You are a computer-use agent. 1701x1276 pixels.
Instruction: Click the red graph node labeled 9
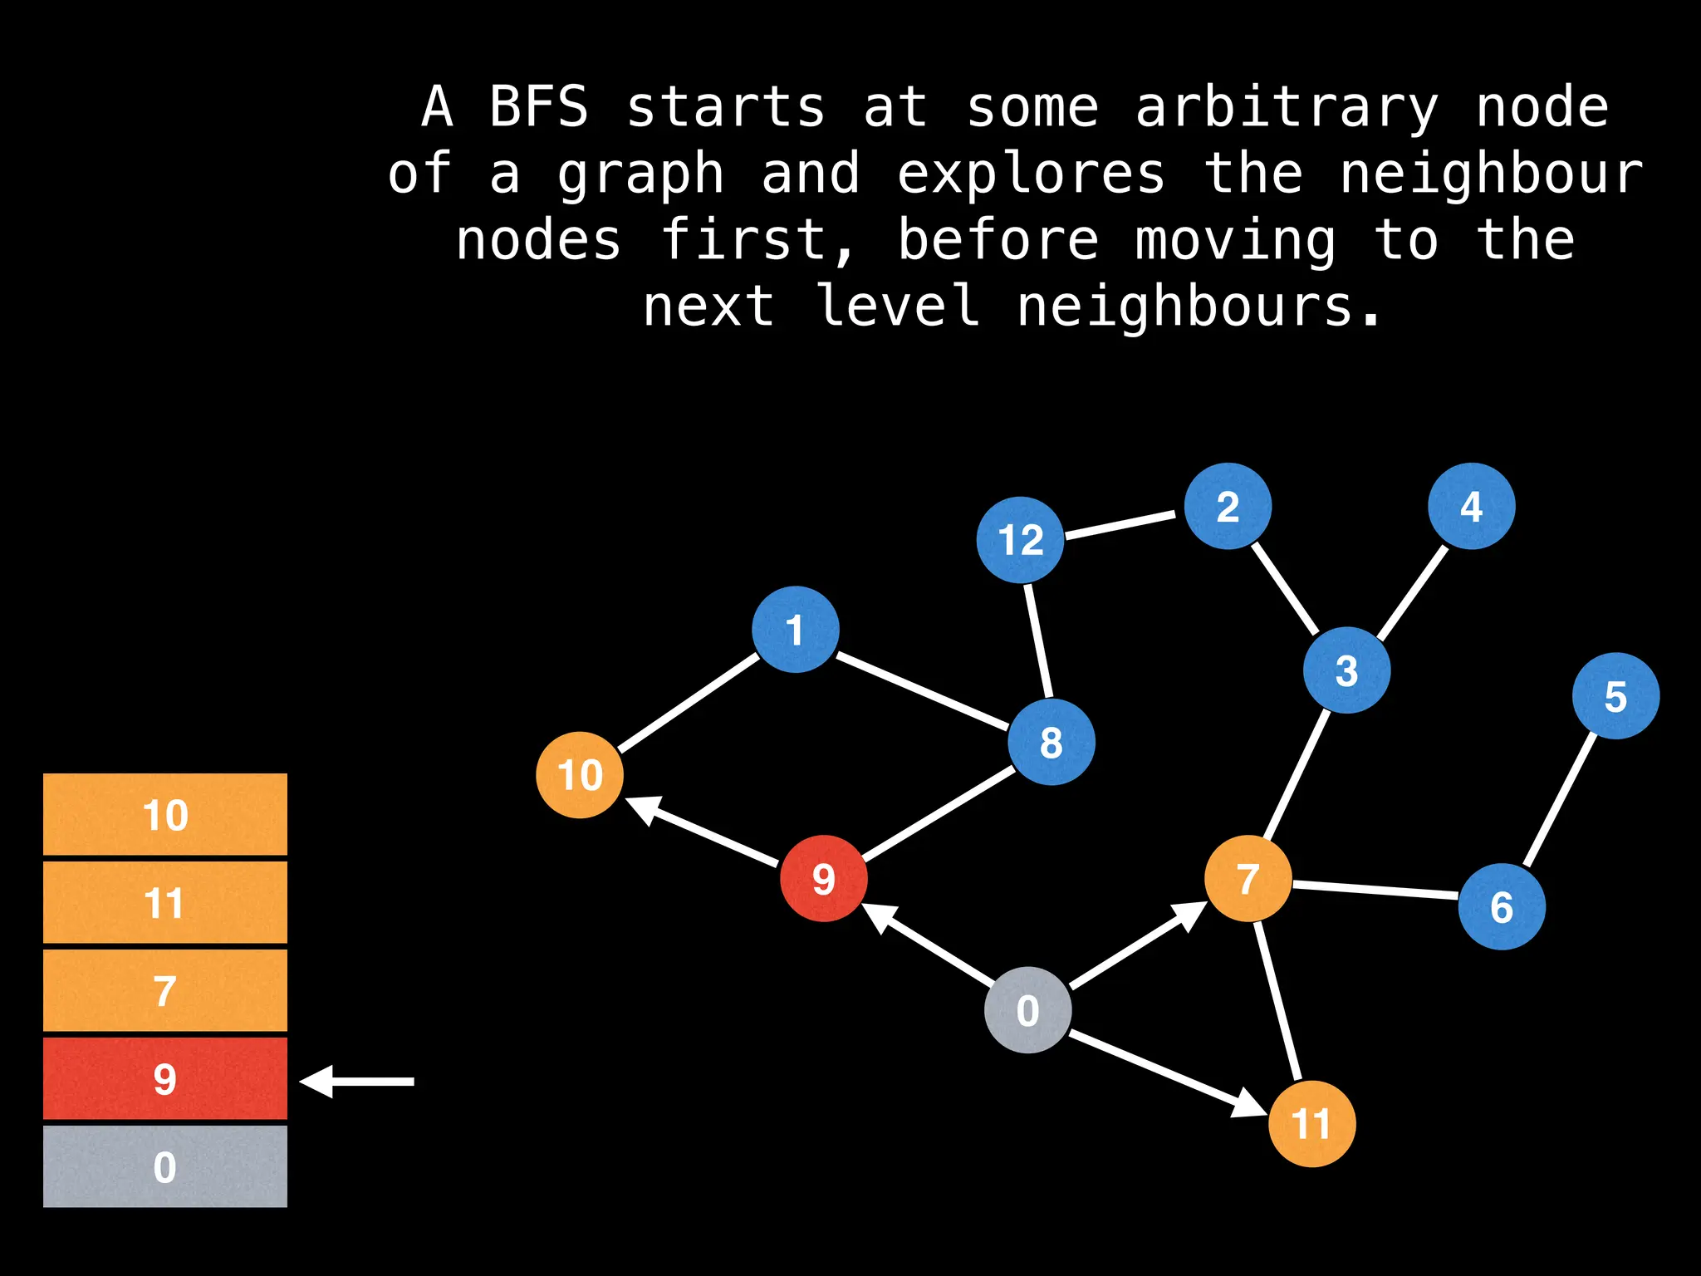823,878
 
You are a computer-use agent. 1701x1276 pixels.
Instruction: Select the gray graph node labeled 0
1027,1010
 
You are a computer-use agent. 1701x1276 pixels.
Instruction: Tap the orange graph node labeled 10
580,775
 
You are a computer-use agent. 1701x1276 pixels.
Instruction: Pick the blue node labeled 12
1020,540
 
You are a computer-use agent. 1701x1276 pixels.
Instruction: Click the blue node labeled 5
1615,696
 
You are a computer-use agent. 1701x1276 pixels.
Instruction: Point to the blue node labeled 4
1471,506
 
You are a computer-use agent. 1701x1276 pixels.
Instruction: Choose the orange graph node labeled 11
1311,1124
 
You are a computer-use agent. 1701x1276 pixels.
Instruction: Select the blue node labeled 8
1051,742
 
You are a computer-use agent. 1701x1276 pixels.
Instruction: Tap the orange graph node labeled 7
1248,879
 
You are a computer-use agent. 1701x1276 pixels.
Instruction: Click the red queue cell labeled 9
165,1078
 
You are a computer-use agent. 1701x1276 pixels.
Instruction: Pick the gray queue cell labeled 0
165,1166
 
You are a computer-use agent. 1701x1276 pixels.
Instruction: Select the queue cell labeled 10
165,814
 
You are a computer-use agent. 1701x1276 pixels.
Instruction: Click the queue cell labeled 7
165,990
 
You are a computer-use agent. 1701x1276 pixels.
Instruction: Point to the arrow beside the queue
357,1081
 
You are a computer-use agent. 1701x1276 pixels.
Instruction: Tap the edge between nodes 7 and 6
1375,891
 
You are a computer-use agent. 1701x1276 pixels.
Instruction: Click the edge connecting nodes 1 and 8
922,691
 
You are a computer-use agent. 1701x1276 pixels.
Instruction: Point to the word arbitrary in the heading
1287,108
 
